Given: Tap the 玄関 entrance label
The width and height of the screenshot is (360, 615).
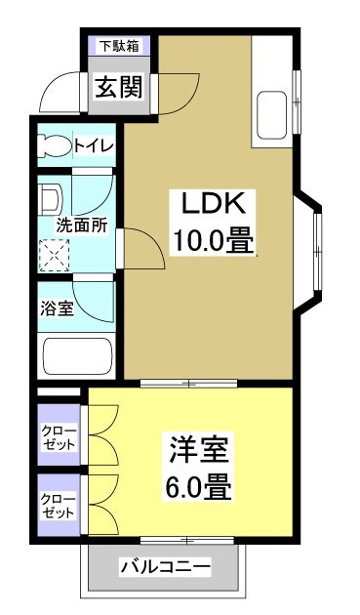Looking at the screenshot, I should pos(118,87).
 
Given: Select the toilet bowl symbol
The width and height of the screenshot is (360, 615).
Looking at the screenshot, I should pos(53,145).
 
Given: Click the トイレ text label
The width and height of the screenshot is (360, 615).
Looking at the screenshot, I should pos(95,145).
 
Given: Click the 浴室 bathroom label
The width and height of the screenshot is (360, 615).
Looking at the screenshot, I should pos(56,309).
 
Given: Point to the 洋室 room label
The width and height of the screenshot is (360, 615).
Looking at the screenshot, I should pos(201,451).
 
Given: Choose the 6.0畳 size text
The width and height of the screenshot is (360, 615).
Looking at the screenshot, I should pos(201,485).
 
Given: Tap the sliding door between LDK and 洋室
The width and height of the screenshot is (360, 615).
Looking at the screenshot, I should pos(185,382).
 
